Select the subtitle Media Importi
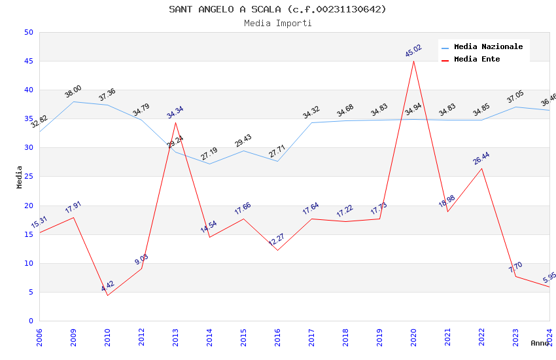click(x=277, y=23)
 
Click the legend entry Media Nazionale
click(x=488, y=47)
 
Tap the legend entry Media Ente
click(x=477, y=60)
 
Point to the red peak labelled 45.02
click(x=413, y=61)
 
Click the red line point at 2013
click(x=175, y=122)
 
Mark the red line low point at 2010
click(x=107, y=295)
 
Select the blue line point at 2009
click(x=73, y=101)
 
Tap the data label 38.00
click(x=73, y=91)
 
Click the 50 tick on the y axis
click(x=28, y=32)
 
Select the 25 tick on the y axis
click(x=28, y=177)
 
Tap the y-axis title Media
click(x=20, y=177)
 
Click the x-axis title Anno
click(x=540, y=343)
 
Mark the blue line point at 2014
click(x=209, y=164)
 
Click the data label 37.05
click(x=515, y=98)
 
